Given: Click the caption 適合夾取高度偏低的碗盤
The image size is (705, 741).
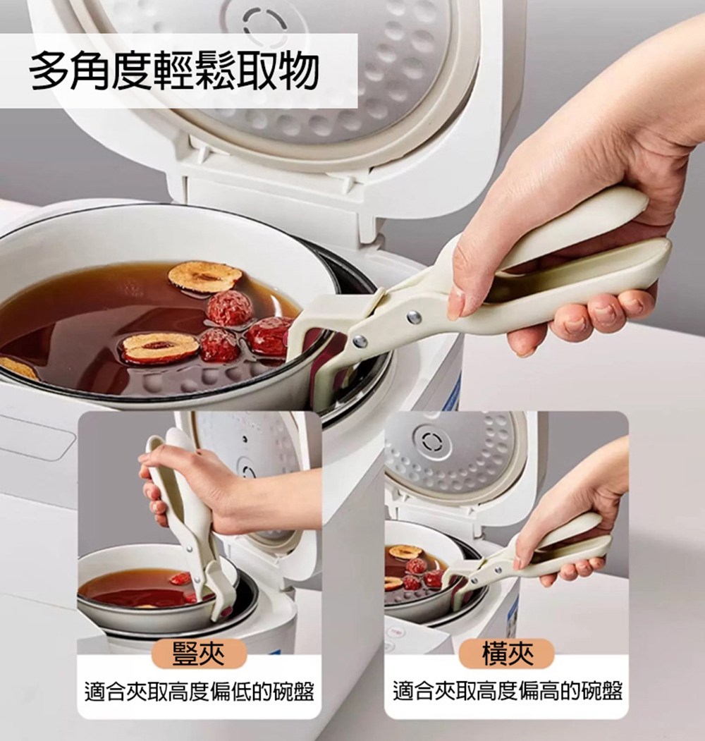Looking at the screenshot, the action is [x=200, y=692].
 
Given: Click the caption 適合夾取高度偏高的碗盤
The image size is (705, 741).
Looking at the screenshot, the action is [x=508, y=692].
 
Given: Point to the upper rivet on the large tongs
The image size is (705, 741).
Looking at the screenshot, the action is [x=415, y=317].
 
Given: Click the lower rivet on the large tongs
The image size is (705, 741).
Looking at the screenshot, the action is [x=360, y=341].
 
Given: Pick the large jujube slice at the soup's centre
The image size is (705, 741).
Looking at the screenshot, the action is [x=159, y=348].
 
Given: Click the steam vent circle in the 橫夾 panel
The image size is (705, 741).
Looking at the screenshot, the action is [x=431, y=442].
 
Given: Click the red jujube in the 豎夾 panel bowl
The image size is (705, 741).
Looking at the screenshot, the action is [x=180, y=580].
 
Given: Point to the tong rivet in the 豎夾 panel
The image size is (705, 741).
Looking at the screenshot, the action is [x=189, y=549].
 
